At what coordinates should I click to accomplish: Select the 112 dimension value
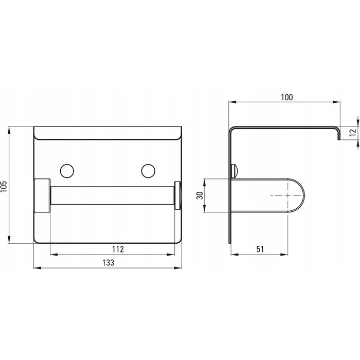[x=118, y=249]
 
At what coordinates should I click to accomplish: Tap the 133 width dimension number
[x=108, y=262]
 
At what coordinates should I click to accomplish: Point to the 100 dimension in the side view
[x=287, y=97]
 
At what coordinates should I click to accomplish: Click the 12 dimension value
[x=353, y=133]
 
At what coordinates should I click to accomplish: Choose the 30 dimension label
[x=200, y=195]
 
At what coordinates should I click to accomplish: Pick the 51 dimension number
[x=260, y=249]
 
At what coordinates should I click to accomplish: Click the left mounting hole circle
[x=67, y=171]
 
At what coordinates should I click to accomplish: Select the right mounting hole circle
[x=148, y=171]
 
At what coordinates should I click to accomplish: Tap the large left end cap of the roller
[x=42, y=195]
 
